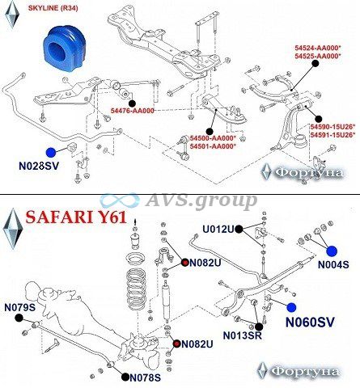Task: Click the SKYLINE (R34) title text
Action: click(53, 8)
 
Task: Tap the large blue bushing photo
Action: click(64, 49)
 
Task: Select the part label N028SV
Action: click(39, 166)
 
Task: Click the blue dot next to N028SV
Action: click(51, 153)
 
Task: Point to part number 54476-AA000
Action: click(133, 111)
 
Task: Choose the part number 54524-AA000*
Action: click(318, 48)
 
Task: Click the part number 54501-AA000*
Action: click(213, 146)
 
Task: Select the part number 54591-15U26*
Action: click(332, 135)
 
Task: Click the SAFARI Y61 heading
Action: click(76, 217)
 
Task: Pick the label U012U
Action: click(218, 229)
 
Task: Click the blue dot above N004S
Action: click(332, 251)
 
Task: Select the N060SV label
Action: click(310, 323)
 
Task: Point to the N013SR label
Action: click(243, 335)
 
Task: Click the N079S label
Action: click(20, 307)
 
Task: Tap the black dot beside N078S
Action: click(125, 377)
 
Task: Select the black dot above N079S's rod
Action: click(19, 318)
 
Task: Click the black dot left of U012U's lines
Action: click(239, 230)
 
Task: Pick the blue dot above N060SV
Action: click(291, 307)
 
